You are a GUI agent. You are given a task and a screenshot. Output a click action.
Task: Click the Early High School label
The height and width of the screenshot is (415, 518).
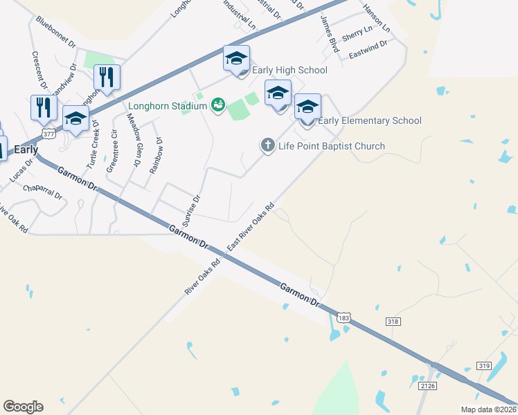coord(290,71)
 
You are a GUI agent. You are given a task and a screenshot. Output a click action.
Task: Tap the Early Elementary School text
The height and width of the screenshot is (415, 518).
coord(370,121)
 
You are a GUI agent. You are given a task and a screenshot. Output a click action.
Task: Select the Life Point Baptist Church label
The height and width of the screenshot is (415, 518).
coord(331,146)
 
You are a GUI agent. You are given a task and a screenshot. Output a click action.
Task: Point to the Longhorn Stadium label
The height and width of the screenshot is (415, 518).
coord(168,107)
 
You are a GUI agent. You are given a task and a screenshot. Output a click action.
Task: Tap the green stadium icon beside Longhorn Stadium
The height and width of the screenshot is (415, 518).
coord(218,105)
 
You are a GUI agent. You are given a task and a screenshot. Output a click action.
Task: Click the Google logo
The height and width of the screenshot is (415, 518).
coord(23,407)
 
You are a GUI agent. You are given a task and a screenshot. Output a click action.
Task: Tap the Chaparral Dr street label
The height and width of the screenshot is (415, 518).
coord(42,192)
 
